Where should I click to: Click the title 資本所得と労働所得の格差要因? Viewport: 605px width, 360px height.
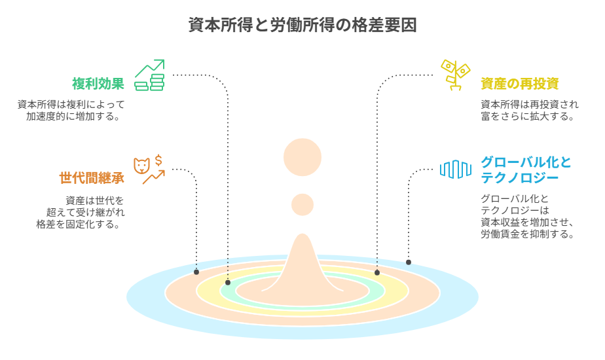pos(302,26)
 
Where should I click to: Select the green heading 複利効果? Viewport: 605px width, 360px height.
pos(98,84)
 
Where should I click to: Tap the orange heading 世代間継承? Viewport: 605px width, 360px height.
pos(92,178)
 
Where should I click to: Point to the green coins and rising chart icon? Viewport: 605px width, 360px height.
pos(150,75)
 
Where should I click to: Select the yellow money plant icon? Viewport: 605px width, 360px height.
pos(455,74)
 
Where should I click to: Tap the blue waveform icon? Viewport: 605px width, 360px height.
pos(456,170)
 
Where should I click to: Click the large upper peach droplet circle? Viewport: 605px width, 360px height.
pos(302,158)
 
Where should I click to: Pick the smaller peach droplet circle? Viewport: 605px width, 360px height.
pos(302,204)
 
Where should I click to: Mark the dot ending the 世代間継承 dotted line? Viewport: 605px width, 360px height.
pos(196,272)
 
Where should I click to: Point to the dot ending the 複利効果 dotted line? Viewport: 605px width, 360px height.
pos(228,282)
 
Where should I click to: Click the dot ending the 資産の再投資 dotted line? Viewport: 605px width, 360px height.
pos(377,272)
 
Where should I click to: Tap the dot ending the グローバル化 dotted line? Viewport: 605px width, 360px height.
pos(409,262)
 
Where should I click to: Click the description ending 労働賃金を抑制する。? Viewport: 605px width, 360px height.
pos(528,217)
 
